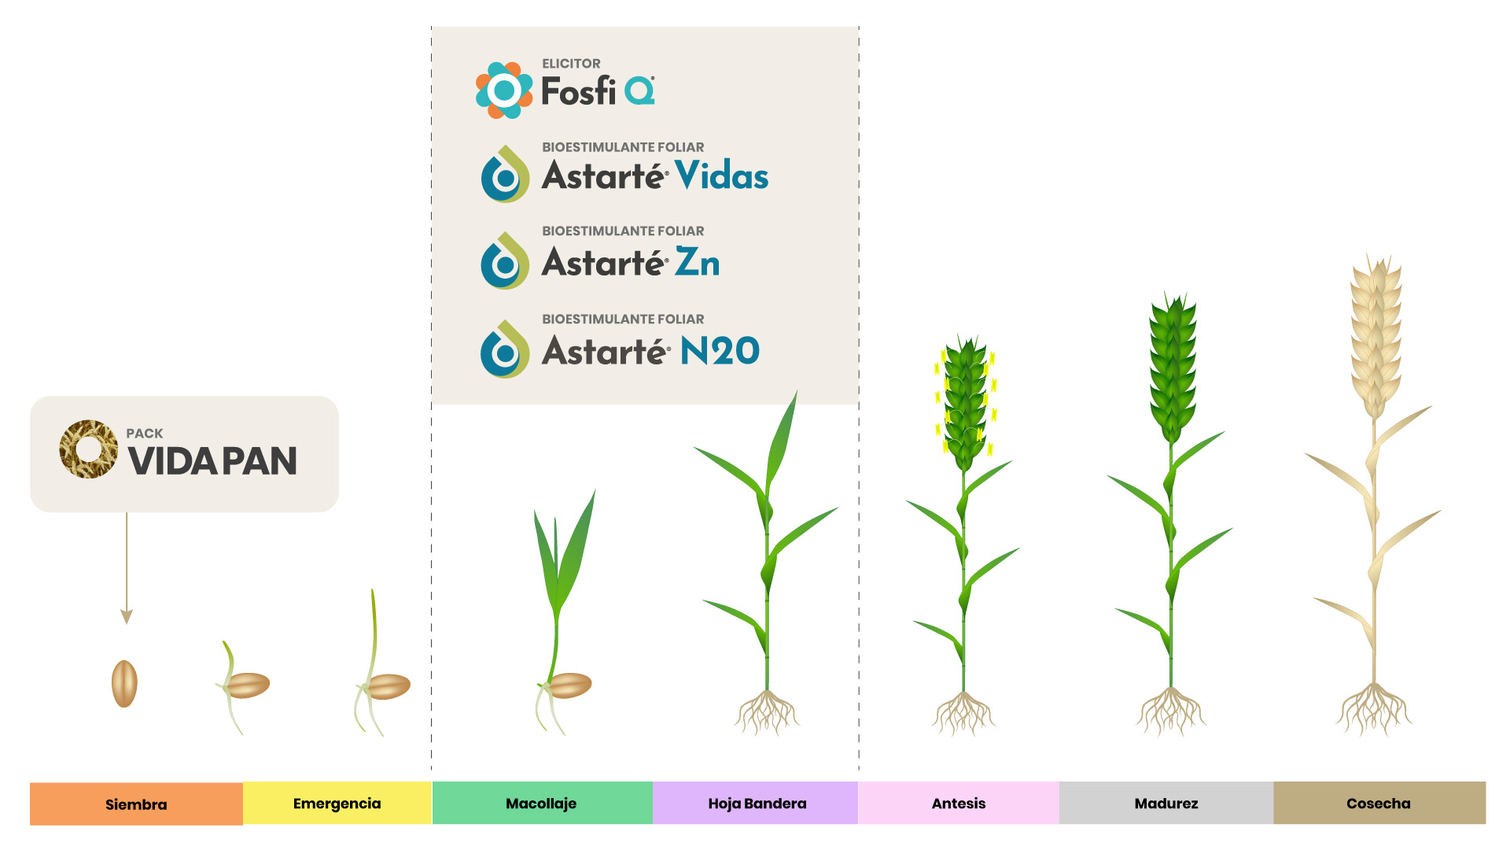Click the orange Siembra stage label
pyautogui.click(x=136, y=804)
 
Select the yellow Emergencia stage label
pyautogui.click(x=337, y=804)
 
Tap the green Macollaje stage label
pyautogui.click(x=542, y=804)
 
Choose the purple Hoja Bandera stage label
pyautogui.click(x=756, y=804)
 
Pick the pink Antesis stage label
pyautogui.click(x=959, y=804)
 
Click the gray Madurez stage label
pyautogui.click(x=1166, y=804)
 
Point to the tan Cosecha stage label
pyautogui.click(x=1379, y=804)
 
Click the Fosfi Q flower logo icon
pyautogui.click(x=504, y=91)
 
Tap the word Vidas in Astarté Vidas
pyautogui.click(x=722, y=175)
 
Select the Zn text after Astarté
pyautogui.click(x=698, y=262)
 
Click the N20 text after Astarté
pyautogui.click(x=720, y=350)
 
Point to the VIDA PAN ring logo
pyautogui.click(x=88, y=449)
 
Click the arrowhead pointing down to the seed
pyautogui.click(x=127, y=616)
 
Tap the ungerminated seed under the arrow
pyautogui.click(x=124, y=683)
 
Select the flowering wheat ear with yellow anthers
pyautogui.click(x=965, y=401)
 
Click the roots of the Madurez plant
pyautogui.click(x=1171, y=711)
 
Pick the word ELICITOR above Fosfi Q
pyautogui.click(x=571, y=64)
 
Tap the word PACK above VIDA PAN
pyautogui.click(x=145, y=434)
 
